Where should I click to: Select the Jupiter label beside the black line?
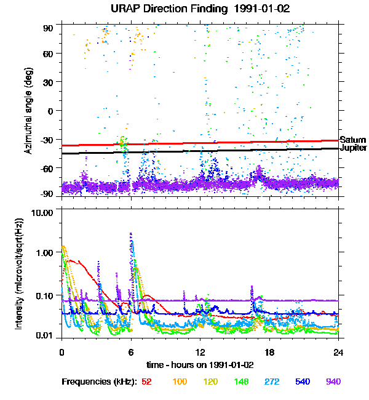[x=354, y=148]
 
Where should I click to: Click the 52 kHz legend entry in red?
[x=146, y=382]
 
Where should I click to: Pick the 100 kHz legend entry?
[x=180, y=382]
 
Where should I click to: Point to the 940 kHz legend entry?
[x=333, y=382]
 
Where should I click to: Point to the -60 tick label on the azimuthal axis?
[x=47, y=168]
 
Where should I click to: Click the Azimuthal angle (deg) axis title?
[x=29, y=111]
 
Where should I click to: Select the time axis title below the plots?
[x=199, y=365]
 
